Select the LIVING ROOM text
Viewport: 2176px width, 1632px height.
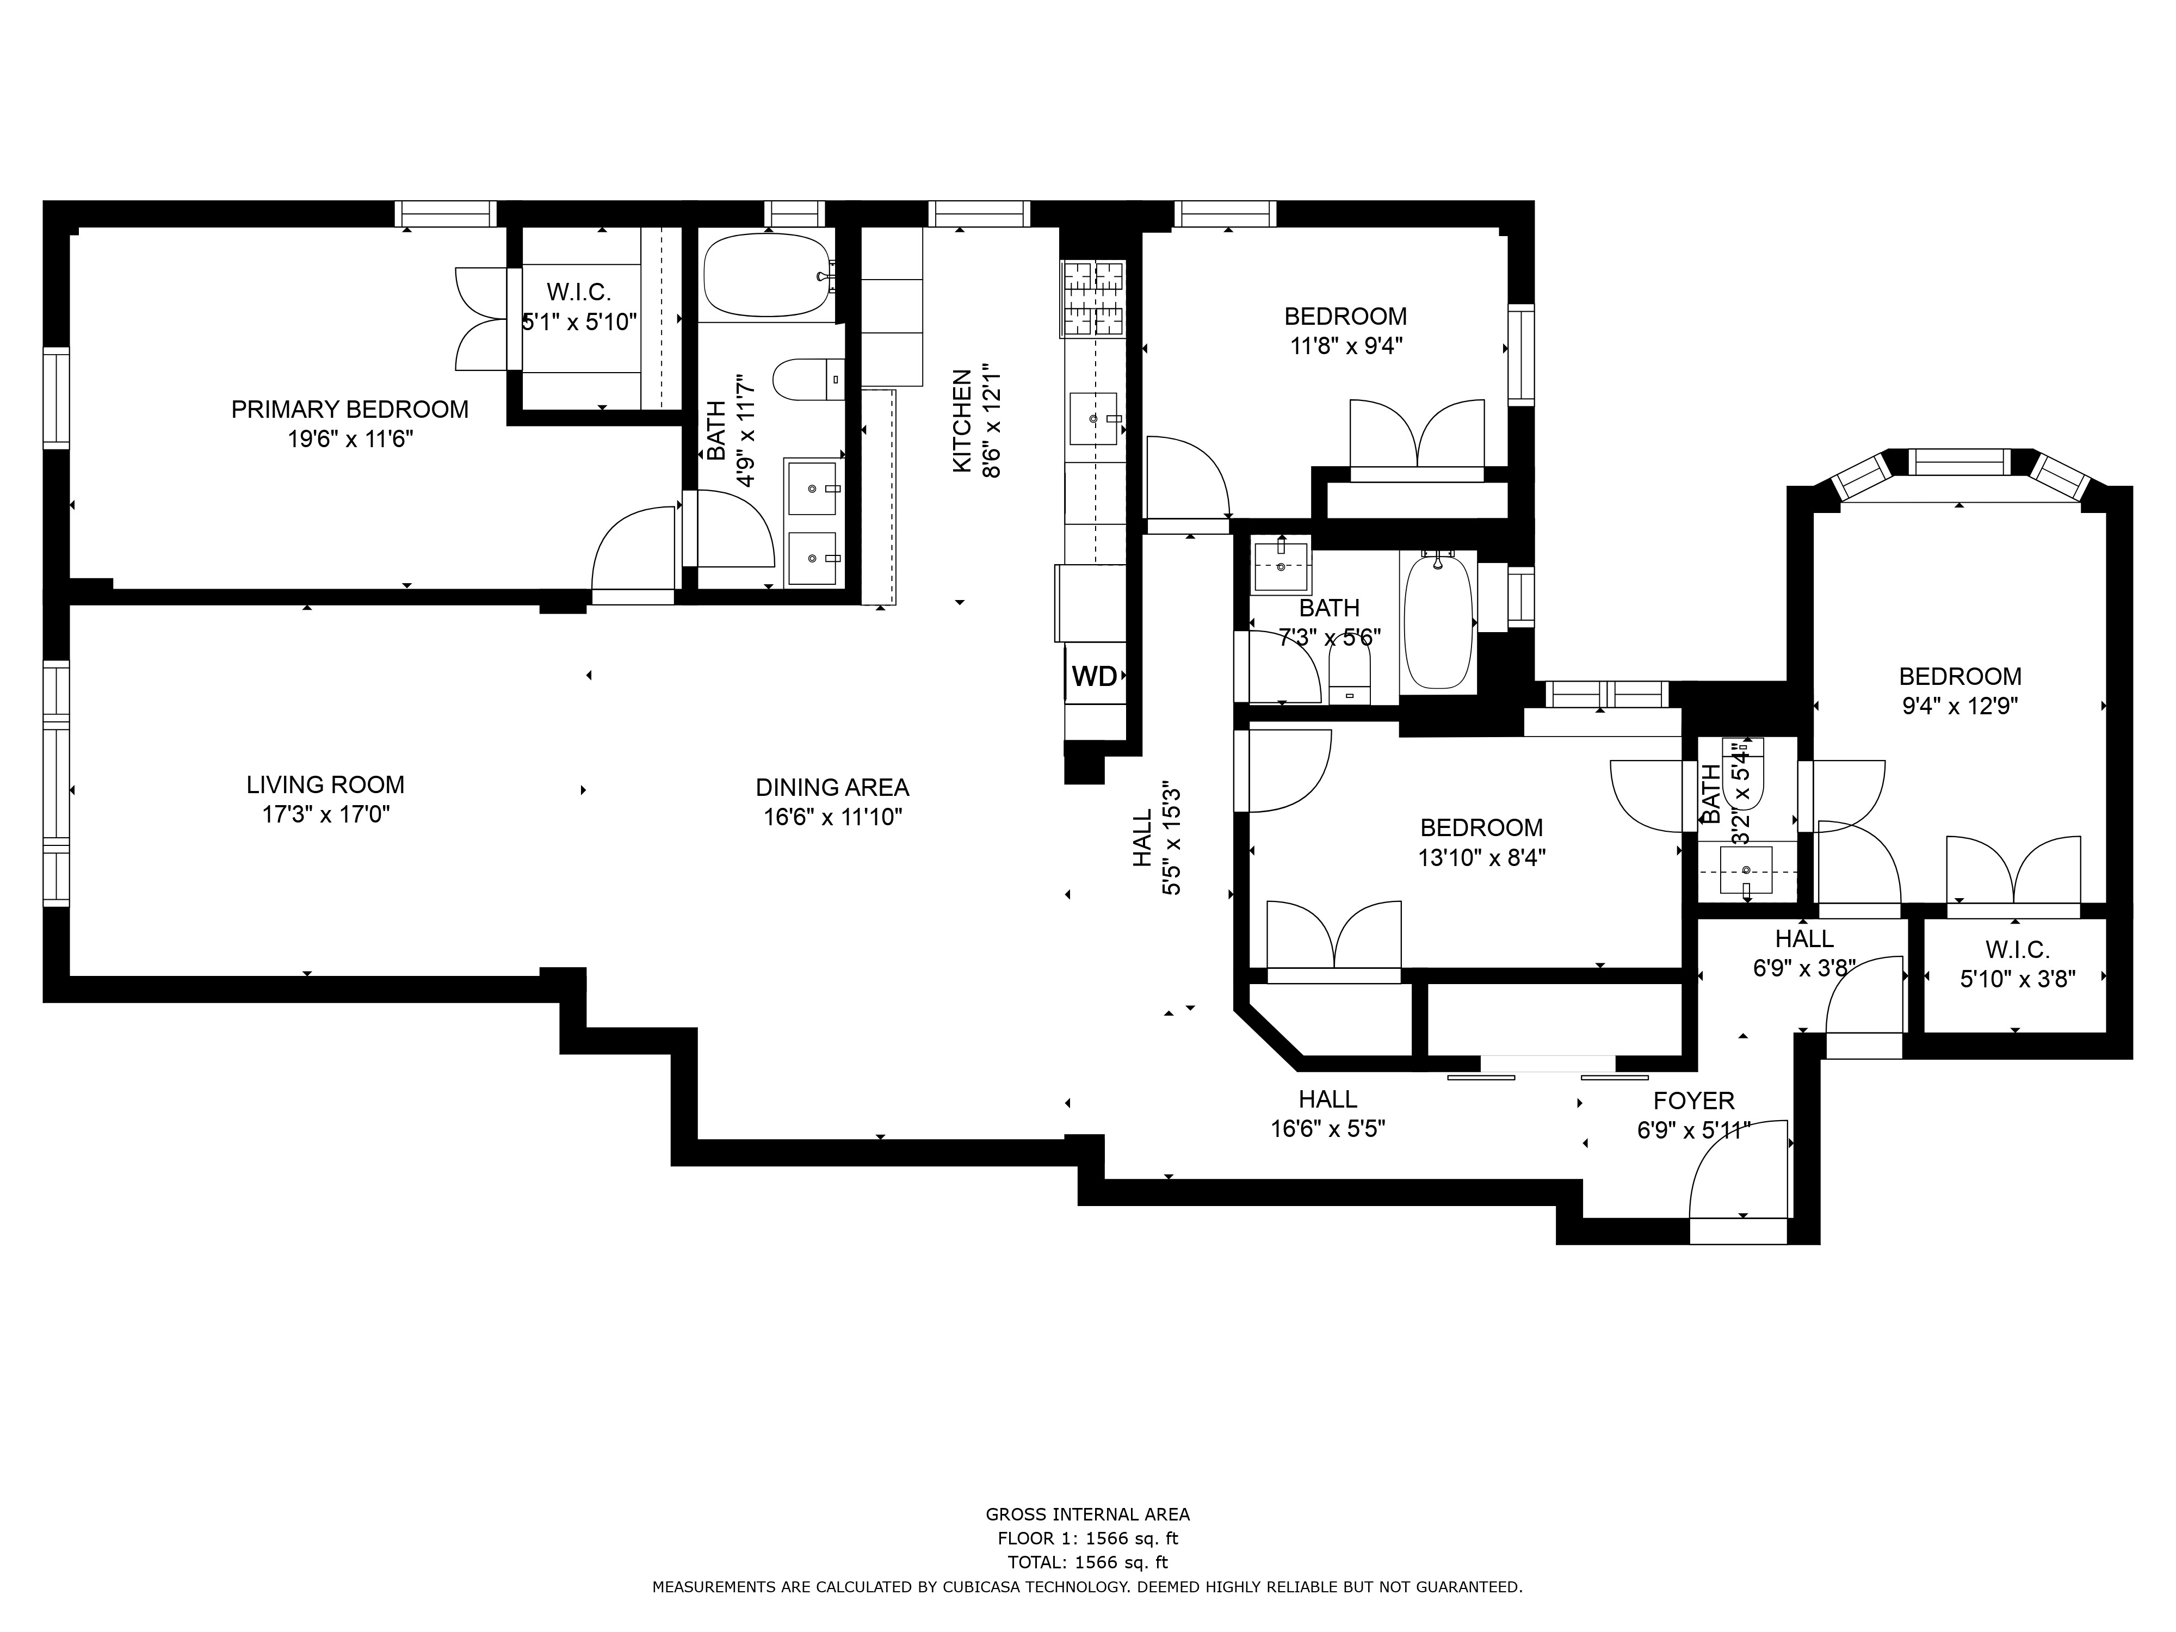point(326,785)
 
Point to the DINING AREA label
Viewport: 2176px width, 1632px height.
point(832,788)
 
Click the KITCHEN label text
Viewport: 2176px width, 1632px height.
point(962,421)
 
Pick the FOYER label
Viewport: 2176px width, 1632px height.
point(1694,1101)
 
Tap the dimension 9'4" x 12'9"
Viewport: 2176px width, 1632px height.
point(1959,706)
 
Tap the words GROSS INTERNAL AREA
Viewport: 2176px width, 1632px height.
point(1088,1515)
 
